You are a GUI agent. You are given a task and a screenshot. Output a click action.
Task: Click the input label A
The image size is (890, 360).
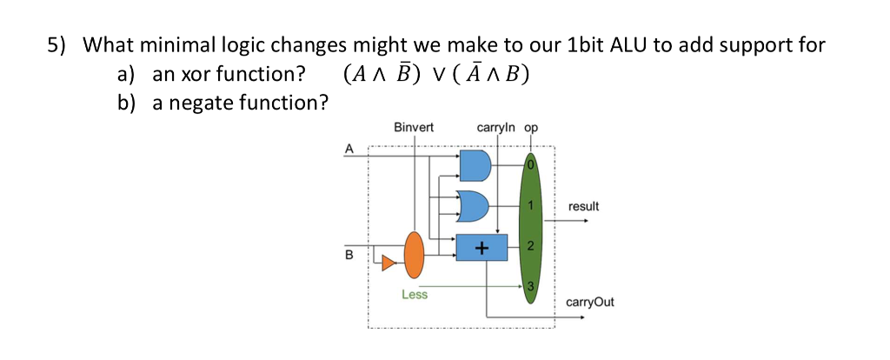349,148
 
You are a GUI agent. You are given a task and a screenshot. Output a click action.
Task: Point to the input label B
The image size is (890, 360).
349,256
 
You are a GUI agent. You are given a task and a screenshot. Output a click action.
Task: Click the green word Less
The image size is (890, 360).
415,295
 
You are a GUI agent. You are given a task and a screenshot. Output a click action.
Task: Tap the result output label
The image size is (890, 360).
583,206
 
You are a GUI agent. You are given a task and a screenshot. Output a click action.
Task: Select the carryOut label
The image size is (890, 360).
589,302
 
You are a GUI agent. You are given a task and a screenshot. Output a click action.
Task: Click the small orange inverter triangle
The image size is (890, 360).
387,260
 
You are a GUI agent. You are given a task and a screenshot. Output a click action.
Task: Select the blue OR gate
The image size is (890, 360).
475,206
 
